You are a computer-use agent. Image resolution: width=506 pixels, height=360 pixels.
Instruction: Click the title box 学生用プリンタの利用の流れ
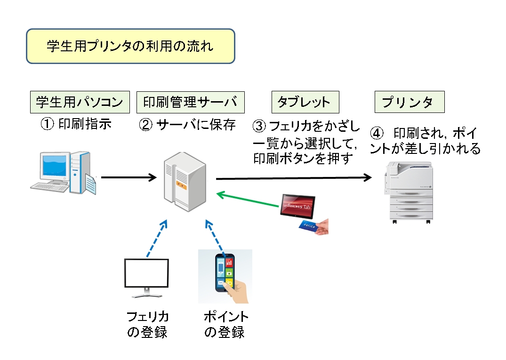(x=130, y=46)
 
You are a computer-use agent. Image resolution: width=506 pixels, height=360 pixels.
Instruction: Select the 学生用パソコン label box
(x=80, y=102)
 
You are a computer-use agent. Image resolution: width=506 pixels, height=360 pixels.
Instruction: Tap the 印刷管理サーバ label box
(x=190, y=102)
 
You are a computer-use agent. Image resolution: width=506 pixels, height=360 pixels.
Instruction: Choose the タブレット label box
(x=305, y=102)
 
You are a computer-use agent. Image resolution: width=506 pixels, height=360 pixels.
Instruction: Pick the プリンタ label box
(x=410, y=102)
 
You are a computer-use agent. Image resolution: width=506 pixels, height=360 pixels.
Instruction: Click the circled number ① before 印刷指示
(x=47, y=124)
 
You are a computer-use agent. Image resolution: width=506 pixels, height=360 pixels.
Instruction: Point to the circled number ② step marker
(x=145, y=125)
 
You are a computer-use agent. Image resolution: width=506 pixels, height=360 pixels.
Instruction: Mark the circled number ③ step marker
(x=259, y=126)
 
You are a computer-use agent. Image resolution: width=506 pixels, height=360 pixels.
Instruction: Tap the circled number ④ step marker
(x=377, y=134)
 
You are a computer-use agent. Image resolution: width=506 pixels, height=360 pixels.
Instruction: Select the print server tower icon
(x=185, y=182)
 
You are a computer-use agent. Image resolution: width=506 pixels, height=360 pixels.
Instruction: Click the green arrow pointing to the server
(x=248, y=200)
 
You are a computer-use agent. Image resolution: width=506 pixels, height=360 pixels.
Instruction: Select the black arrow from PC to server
(x=129, y=177)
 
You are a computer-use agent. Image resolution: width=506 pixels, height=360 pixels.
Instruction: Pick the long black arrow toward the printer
(x=294, y=178)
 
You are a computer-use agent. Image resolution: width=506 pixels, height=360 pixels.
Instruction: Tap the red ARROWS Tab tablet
(x=297, y=207)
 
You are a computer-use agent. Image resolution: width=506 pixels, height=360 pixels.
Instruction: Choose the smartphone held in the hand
(x=225, y=273)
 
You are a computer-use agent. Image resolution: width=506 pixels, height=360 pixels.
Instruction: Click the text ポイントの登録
(x=225, y=324)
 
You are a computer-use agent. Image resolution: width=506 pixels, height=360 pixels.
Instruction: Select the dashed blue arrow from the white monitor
(x=157, y=239)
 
